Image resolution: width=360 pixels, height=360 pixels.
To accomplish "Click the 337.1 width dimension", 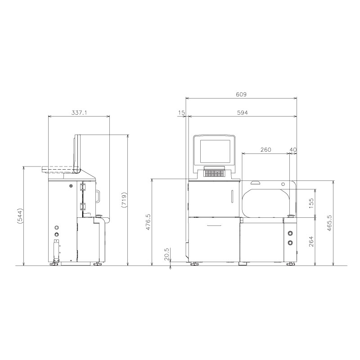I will [x=79, y=113].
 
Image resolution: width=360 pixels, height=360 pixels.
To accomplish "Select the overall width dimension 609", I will [x=241, y=94].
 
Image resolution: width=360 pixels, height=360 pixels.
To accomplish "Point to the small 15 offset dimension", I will [x=181, y=113].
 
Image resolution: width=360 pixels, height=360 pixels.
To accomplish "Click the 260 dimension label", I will [x=265, y=150].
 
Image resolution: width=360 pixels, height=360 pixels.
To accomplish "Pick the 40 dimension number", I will [x=293, y=150].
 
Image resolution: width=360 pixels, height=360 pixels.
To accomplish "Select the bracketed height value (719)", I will [x=124, y=200].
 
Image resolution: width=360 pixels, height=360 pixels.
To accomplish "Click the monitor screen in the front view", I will [x=215, y=152].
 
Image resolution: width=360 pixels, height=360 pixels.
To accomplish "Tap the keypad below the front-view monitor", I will [x=215, y=173].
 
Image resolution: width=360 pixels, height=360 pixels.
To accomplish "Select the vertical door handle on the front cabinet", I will [x=232, y=197].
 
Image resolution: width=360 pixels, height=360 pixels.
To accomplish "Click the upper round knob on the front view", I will [x=290, y=234].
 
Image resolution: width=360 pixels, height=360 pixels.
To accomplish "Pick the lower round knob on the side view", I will [x=57, y=234].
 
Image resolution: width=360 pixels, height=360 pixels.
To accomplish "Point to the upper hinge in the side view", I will [x=83, y=187].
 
